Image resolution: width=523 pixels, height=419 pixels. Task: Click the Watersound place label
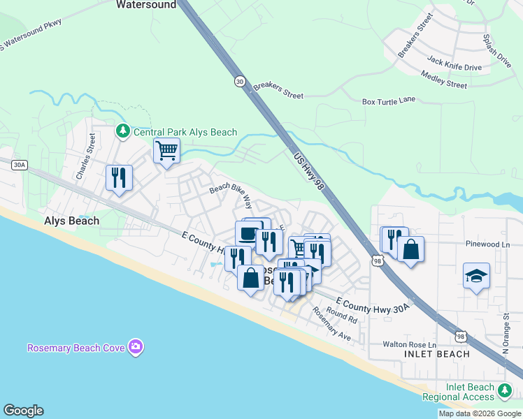tap(145, 4)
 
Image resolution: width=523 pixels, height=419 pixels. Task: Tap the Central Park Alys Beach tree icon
tap(123, 131)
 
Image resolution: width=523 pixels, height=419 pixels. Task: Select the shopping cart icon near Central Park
tap(167, 150)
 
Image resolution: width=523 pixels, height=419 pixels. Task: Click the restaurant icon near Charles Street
tap(119, 177)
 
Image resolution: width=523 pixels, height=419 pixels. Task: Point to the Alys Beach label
tap(71, 221)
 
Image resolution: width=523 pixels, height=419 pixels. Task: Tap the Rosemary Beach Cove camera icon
tap(136, 347)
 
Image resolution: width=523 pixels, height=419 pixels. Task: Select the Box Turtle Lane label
tap(388, 101)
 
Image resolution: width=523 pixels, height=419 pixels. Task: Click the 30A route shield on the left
tap(20, 166)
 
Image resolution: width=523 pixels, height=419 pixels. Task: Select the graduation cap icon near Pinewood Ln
tap(476, 276)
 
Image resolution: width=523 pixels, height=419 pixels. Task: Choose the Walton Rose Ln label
tap(409, 345)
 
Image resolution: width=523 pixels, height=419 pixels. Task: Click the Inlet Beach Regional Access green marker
tap(503, 391)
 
